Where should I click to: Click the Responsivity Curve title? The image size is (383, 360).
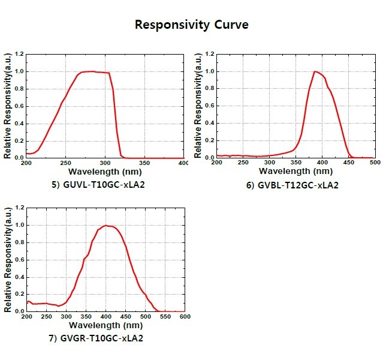(191, 25)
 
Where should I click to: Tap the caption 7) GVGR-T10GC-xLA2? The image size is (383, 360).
(96, 338)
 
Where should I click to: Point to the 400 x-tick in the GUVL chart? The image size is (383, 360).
(185, 163)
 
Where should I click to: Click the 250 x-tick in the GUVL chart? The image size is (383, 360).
(66, 163)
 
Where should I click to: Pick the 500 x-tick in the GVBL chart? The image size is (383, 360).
(375, 163)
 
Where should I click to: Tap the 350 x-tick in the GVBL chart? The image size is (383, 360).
(295, 163)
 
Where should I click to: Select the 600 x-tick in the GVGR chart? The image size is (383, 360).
(185, 316)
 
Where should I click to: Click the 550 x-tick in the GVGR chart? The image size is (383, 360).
(165, 316)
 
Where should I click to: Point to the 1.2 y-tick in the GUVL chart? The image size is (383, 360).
(20, 54)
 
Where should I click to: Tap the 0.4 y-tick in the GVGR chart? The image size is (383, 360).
(20, 277)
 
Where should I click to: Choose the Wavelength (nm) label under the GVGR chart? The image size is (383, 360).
(105, 325)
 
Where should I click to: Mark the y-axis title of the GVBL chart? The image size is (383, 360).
(198, 106)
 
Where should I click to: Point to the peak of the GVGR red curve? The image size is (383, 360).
(106, 225)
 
